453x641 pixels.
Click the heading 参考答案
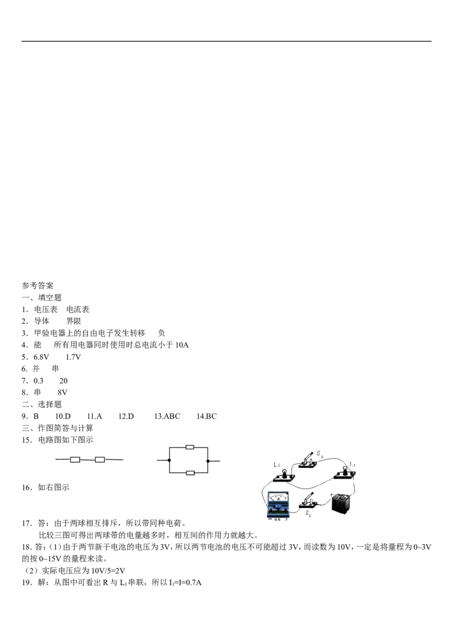point(37,285)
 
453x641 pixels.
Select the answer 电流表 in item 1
point(78,310)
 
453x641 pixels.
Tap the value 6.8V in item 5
point(41,357)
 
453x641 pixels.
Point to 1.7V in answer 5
point(73,357)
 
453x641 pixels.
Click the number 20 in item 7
point(63,381)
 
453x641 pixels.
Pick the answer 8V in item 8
point(62,392)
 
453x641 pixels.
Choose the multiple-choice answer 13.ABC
point(167,416)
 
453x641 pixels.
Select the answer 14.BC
point(207,416)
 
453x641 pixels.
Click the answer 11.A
point(95,416)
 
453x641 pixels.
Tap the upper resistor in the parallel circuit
point(190,447)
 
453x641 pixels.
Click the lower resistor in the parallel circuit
point(190,473)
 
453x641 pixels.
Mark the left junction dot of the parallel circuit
point(169,460)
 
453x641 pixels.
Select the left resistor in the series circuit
point(75,460)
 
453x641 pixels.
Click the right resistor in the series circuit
point(100,460)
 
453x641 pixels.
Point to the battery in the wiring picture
point(341,505)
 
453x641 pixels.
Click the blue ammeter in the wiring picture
point(279,505)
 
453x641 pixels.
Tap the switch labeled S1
point(309,501)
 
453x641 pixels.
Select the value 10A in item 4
point(182,345)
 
